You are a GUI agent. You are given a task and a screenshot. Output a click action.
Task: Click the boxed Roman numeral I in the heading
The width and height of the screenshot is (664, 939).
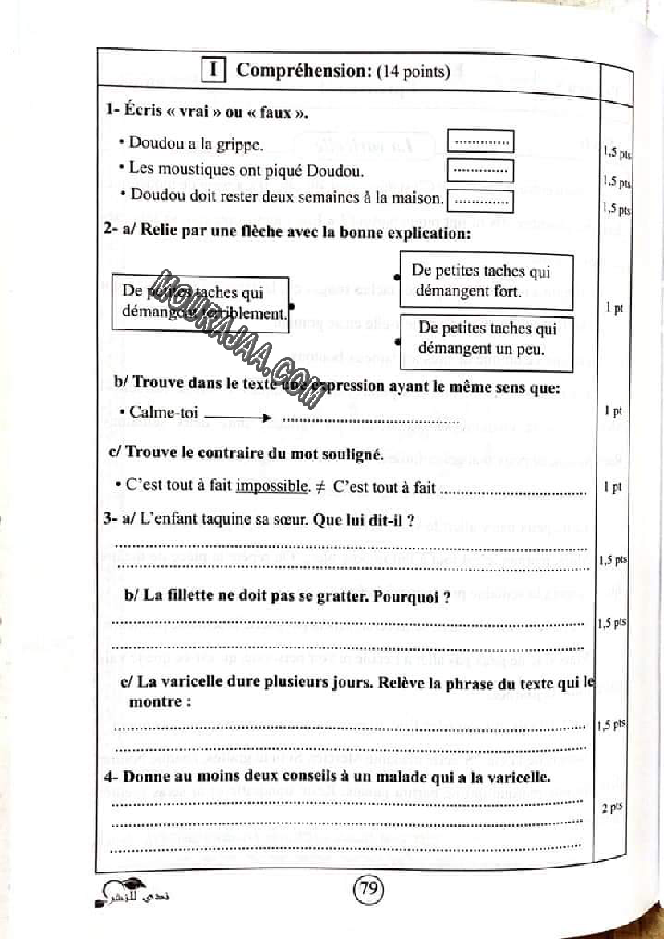213,71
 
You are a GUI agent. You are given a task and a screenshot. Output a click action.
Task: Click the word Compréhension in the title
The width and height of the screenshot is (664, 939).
302,71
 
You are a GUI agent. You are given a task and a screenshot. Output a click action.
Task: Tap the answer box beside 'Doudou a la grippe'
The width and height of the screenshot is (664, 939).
480,143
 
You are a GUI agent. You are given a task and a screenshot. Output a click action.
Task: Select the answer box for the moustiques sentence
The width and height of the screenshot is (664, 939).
480,170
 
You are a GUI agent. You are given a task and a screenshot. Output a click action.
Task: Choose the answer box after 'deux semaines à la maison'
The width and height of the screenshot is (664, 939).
480,198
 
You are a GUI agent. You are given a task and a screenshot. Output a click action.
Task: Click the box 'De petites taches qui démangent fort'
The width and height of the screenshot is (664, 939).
486,281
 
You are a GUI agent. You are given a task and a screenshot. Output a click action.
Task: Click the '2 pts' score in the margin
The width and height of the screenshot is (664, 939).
612,807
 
